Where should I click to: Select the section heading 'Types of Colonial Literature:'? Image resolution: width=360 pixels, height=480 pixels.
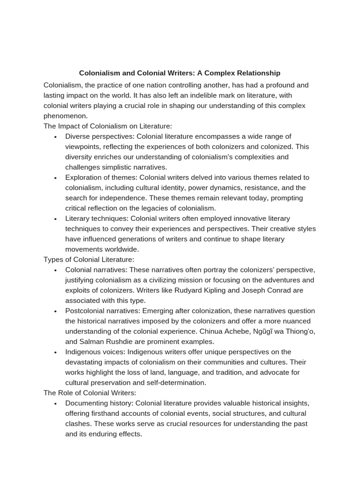click(x=89, y=259)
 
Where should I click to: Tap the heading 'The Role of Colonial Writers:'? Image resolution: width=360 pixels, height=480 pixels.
click(x=90, y=393)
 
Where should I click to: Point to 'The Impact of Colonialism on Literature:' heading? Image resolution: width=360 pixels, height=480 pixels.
click(x=108, y=126)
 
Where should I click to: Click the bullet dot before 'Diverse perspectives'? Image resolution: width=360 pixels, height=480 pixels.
click(x=55, y=137)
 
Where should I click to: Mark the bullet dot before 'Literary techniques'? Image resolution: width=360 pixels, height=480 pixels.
click(x=55, y=219)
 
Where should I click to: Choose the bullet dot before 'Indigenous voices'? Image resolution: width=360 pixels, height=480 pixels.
click(x=55, y=352)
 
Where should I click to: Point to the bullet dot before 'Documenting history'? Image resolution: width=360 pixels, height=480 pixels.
click(x=55, y=404)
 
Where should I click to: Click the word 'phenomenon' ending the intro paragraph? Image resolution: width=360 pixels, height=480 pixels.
click(x=66, y=116)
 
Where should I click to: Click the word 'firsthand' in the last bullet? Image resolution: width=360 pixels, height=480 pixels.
click(x=109, y=413)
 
